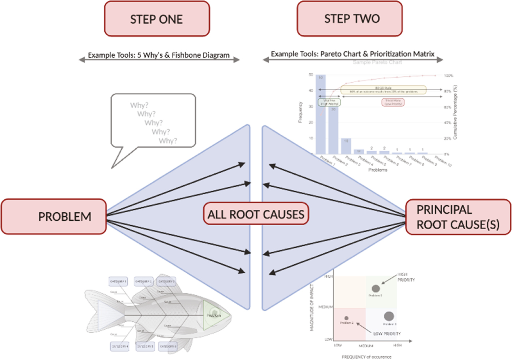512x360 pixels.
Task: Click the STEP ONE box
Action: (157, 19)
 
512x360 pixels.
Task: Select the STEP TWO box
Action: (350, 19)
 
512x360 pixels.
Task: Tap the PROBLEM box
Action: (54, 217)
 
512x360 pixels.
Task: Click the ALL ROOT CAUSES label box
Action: (256, 214)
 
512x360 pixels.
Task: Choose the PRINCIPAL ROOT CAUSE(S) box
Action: (458, 217)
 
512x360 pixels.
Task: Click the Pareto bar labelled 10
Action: (346, 146)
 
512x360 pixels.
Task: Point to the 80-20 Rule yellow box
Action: (383, 90)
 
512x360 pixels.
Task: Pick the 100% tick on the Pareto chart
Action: (448, 76)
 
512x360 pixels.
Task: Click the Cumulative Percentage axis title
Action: (455, 112)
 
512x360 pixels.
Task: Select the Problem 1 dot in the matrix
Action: (376, 289)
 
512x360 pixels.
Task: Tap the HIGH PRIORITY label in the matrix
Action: (406, 277)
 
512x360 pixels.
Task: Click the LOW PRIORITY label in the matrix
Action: (387, 334)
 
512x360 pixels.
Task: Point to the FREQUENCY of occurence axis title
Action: (366, 357)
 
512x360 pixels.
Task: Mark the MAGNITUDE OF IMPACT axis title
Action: (312, 307)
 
